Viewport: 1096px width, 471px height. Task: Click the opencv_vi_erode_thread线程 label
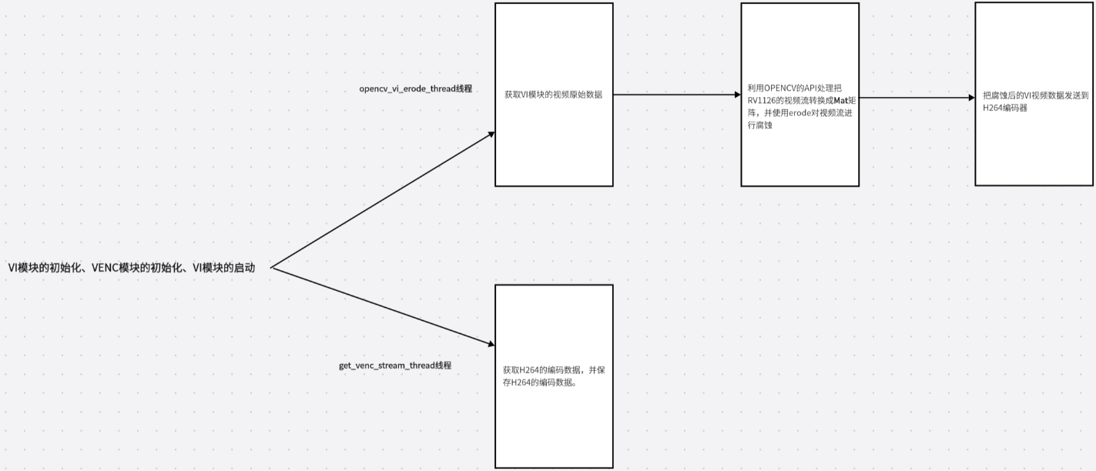415,89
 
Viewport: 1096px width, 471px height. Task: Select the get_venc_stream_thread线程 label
395,365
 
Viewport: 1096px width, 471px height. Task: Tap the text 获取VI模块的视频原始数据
553,95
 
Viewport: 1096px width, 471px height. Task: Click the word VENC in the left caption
105,268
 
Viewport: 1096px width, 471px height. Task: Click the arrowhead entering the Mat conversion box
736,95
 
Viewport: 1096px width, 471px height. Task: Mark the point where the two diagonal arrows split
272,268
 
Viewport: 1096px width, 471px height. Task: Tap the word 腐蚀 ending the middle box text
763,125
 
